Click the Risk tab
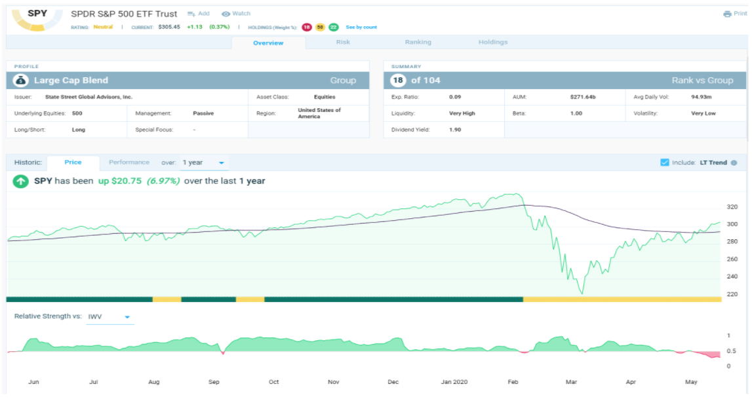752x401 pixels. (343, 43)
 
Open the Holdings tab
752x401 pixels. (493, 43)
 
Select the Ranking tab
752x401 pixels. (418, 43)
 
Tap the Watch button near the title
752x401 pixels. (236, 14)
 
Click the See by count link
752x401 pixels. (361, 28)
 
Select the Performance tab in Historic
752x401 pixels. (129, 162)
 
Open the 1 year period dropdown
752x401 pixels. (203, 162)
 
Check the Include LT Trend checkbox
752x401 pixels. (665, 162)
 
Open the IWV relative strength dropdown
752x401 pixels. (110, 316)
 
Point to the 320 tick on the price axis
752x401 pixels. (732, 207)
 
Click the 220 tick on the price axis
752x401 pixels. (732, 294)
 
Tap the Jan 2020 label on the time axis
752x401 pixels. (454, 382)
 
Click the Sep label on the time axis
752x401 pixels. (214, 382)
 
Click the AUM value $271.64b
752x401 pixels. (583, 97)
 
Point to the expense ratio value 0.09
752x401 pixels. (455, 97)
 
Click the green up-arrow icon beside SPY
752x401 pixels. (20, 181)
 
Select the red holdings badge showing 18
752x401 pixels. (306, 28)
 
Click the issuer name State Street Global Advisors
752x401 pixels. (89, 97)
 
